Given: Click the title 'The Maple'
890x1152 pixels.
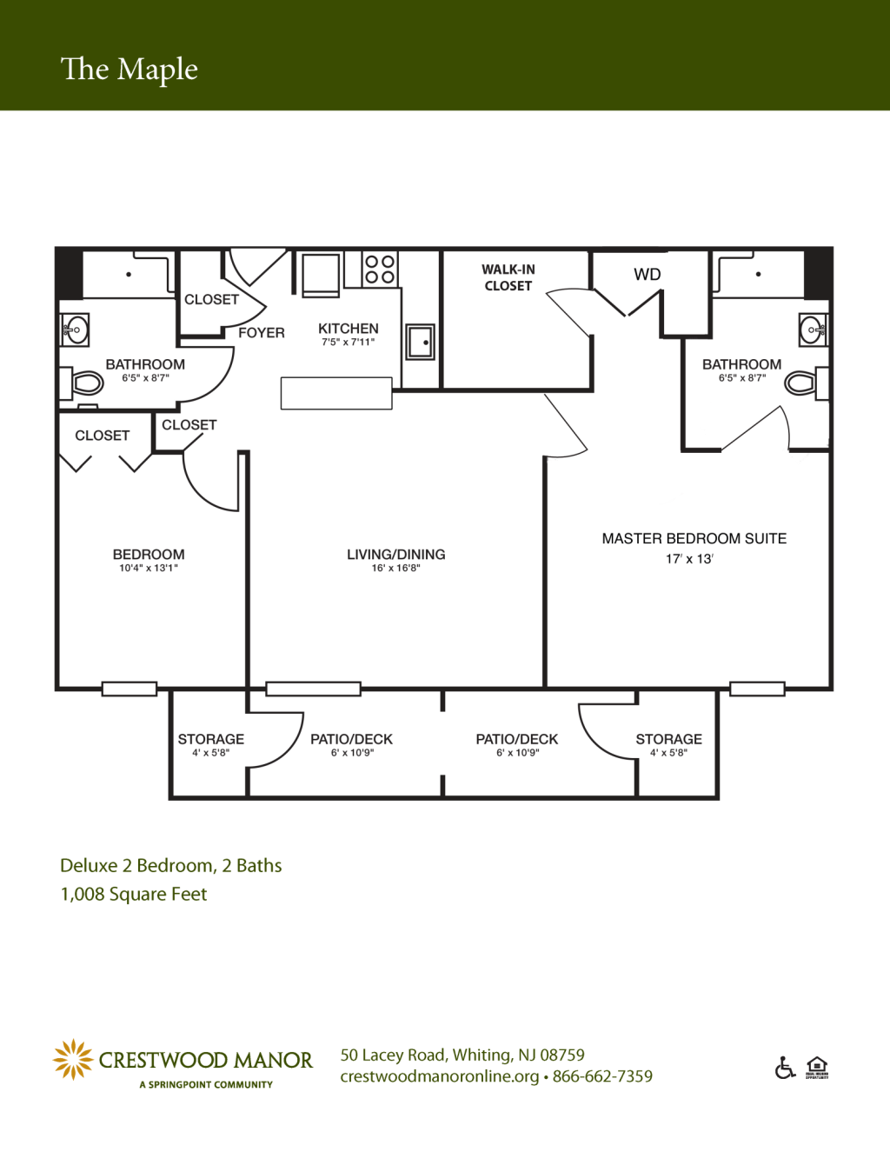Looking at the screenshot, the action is point(130,70).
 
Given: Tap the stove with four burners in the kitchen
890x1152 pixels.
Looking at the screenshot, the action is point(380,270).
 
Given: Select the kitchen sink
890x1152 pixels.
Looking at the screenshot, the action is point(421,342).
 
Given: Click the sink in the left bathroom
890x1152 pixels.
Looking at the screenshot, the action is point(75,330).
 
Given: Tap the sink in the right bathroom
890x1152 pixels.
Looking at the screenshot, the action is point(814,330).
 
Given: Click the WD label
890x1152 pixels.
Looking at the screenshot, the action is point(648,275).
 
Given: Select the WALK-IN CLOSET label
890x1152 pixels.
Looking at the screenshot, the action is point(508,278).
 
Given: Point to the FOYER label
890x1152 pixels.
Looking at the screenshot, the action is point(261,333).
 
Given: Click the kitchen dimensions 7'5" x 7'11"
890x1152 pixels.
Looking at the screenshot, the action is point(348,343).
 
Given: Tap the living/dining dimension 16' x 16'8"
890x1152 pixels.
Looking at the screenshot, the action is point(395,569).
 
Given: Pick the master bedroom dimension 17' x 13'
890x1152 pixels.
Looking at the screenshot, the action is point(689,559).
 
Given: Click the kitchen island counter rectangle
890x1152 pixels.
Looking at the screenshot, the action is point(336,393).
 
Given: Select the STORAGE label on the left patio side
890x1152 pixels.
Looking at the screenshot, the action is point(211,739).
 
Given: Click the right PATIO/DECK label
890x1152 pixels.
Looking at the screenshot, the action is point(517,739).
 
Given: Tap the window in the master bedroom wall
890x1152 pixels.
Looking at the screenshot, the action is point(757,689).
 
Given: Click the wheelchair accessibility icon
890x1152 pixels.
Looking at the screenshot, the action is point(785,1068).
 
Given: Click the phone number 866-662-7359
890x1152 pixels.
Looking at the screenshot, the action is point(602,1076).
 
